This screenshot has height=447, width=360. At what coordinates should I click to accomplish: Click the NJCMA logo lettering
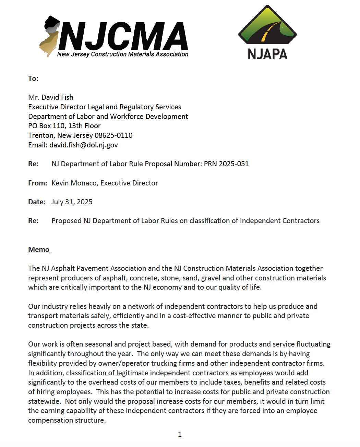[x=123, y=36]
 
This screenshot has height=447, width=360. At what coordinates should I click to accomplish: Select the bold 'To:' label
[x=33, y=78]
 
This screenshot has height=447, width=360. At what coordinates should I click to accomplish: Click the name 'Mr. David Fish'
[x=51, y=97]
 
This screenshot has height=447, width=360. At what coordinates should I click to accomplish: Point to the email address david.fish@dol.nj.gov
[x=83, y=145]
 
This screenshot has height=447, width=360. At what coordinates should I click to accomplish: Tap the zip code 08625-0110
[x=113, y=135]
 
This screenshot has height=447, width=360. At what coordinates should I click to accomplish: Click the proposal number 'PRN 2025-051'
[x=226, y=164]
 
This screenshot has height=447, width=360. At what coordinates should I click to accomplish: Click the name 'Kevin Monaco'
[x=74, y=183]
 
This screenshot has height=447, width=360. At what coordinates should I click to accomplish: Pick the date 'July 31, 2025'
[x=72, y=202]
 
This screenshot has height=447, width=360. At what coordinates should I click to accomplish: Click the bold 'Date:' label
[x=37, y=202]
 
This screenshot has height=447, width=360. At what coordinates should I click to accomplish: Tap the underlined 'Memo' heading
[x=39, y=250]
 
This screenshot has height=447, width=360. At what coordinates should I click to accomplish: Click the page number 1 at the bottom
[x=180, y=434]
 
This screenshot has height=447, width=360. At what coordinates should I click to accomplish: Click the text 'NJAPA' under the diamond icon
[x=267, y=54]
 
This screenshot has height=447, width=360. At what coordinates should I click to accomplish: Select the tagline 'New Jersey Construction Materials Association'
[x=123, y=54]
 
